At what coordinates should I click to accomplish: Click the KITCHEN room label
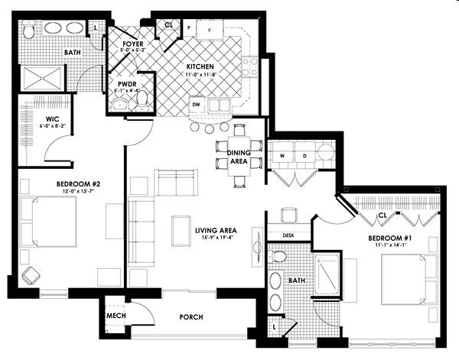point(200,66)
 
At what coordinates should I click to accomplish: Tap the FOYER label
point(133,44)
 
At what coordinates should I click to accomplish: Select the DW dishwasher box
point(197,105)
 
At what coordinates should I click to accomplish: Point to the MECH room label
point(116,316)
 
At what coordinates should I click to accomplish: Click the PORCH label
point(191,317)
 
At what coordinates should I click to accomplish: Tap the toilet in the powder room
point(142,99)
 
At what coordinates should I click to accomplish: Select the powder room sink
point(120,104)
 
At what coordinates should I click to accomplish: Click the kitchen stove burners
point(249,66)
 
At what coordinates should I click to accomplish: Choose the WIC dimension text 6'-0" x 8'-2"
point(53,126)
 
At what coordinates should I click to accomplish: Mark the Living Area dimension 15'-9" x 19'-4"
point(216,238)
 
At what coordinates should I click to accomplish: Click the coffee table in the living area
point(181,231)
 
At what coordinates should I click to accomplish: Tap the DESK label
point(288,235)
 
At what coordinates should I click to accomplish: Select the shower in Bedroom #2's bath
point(43,78)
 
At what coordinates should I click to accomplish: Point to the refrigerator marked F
point(210,30)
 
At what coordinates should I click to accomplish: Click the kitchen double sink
point(219,105)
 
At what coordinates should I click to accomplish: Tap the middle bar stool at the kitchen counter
point(209,128)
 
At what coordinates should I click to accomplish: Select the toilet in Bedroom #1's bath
point(278,256)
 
